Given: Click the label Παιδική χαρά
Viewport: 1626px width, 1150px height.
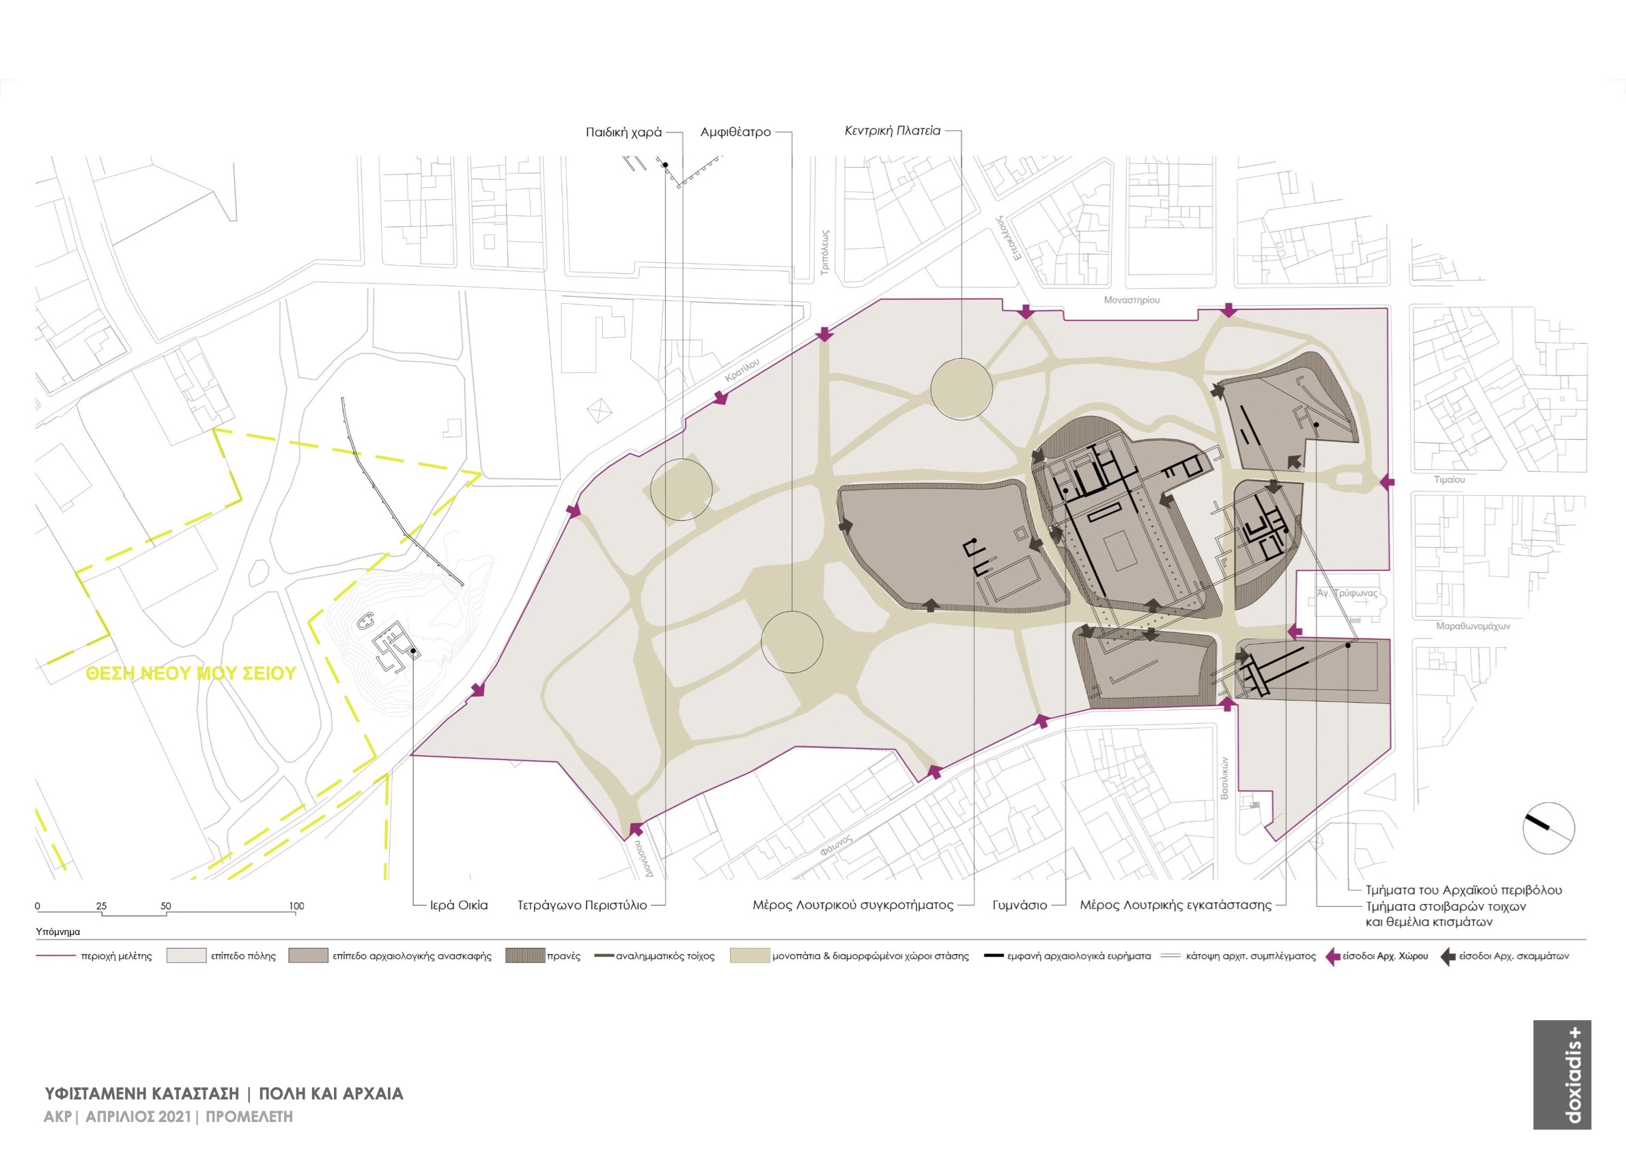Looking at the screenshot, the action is coord(623,132).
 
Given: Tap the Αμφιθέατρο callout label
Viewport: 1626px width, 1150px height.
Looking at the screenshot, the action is coord(735,132).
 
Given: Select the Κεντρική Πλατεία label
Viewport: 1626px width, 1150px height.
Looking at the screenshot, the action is coord(893,131).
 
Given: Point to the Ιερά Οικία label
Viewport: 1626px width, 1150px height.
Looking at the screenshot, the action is coord(459,905).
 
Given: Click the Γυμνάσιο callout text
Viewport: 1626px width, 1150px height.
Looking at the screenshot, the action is coord(1019,905).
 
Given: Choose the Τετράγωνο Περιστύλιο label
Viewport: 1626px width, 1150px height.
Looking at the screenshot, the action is coord(582,905).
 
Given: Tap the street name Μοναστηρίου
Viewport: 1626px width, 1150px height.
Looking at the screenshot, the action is coord(1132,300).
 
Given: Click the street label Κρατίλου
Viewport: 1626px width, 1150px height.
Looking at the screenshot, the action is coord(742,370).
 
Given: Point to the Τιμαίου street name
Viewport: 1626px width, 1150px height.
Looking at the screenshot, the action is coord(1449,479).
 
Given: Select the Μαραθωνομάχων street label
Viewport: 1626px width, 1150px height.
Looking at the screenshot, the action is coord(1473,626).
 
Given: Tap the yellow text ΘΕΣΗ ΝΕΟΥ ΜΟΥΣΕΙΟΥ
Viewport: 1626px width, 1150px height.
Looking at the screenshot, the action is coord(191,673).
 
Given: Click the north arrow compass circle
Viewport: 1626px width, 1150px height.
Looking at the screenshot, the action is coord(1549,828).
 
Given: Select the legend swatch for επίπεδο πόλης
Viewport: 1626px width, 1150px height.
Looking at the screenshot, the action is coord(186,956).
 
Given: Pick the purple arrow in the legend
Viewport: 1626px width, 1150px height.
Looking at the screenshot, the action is coord(1332,957).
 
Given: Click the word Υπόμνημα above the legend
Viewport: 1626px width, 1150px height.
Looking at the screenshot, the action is coord(58,932).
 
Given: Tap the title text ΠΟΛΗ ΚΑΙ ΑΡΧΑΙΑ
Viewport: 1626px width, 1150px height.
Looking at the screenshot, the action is coord(331,1093).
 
